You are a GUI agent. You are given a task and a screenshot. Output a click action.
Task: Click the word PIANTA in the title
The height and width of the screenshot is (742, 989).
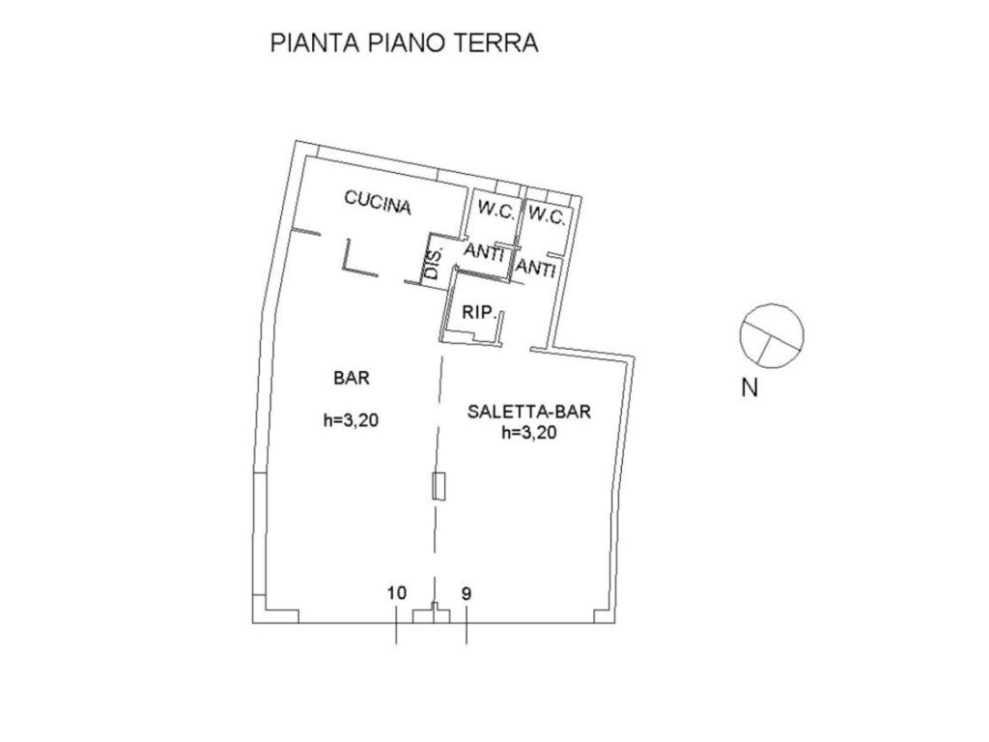pos(315,43)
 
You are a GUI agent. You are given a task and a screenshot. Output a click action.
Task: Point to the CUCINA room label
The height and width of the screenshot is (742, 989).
pos(378,203)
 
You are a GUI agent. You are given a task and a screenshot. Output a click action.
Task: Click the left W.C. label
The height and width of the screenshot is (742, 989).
pos(495,210)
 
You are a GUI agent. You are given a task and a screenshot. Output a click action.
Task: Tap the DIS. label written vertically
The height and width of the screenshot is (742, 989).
pos(433,263)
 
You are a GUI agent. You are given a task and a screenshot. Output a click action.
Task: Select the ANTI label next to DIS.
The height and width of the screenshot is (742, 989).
pos(484,252)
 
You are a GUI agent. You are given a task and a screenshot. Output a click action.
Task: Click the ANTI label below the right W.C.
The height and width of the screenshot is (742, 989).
pos(535,269)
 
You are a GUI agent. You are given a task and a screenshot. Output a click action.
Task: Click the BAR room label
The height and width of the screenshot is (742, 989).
pos(352,378)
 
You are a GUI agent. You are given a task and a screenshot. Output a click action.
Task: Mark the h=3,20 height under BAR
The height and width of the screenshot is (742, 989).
pos(351,420)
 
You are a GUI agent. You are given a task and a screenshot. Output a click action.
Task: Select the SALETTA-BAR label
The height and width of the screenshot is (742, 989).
pos(529,412)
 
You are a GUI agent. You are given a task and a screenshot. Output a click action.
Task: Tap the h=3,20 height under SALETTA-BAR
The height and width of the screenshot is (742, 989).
pos(529,433)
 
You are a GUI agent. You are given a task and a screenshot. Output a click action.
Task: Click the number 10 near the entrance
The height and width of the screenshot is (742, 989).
pos(397,593)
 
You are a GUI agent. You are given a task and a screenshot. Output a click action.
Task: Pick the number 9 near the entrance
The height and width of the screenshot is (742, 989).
pos(466,594)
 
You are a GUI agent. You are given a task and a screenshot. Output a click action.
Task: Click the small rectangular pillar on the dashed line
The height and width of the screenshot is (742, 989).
pos(439,487)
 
